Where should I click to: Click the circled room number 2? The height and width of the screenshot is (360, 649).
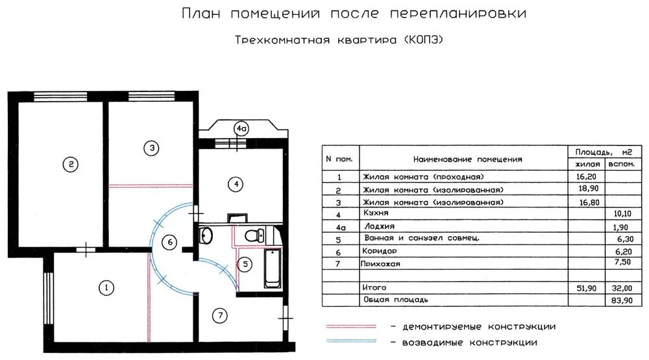coord(70,165)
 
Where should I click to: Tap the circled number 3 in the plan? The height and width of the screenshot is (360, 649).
coord(151,149)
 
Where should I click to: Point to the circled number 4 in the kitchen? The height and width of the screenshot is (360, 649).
coord(237,185)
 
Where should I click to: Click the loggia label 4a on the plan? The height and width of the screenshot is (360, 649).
coord(241,129)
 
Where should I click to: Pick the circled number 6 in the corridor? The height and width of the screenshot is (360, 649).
coord(170,243)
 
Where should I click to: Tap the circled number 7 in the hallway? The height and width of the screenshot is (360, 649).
coord(220,316)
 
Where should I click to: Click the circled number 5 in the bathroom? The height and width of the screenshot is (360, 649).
coord(245,264)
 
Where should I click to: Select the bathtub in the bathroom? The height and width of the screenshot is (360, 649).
coord(272,268)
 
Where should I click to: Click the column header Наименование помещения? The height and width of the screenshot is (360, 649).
coord(467,159)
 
